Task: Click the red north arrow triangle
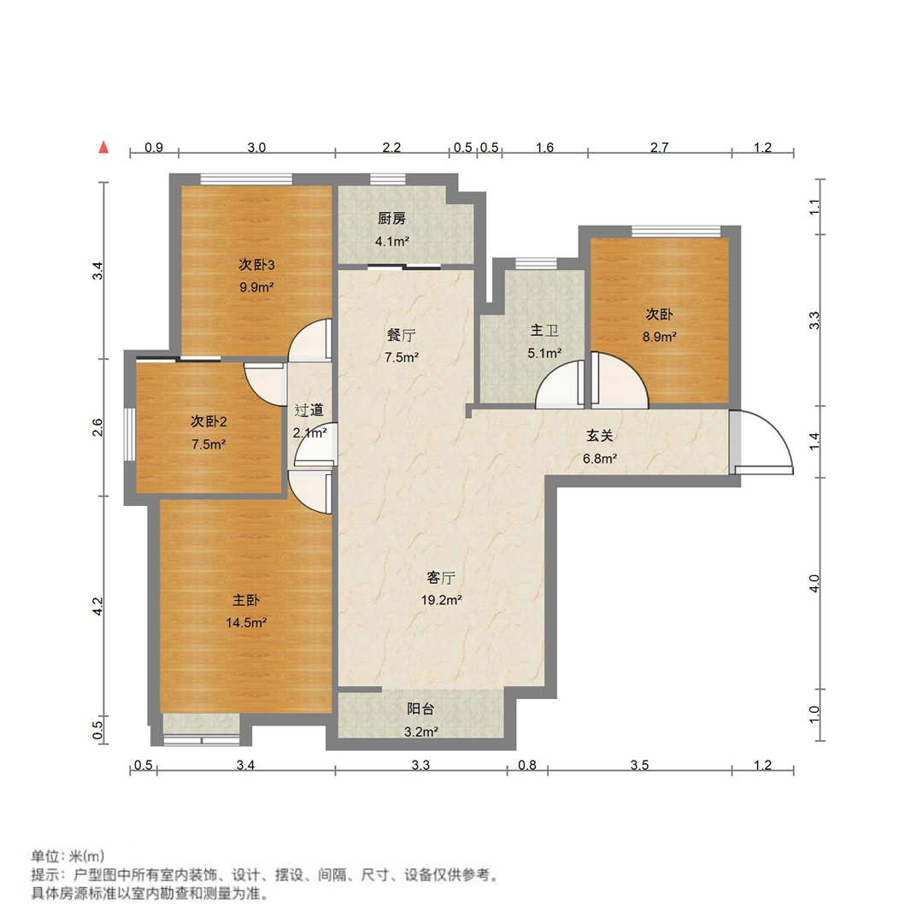click(x=103, y=147)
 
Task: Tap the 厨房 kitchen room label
click(x=392, y=218)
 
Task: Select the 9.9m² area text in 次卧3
click(x=256, y=287)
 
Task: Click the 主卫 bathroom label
click(x=544, y=330)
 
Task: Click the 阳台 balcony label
click(x=420, y=708)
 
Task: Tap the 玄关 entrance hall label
click(x=599, y=435)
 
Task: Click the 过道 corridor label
click(x=309, y=410)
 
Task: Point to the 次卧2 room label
click(x=208, y=421)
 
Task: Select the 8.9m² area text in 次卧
click(x=661, y=337)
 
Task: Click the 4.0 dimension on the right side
click(x=814, y=584)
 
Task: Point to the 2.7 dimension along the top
click(x=659, y=148)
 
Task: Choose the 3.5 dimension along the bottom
click(x=639, y=765)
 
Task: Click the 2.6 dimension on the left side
click(x=98, y=426)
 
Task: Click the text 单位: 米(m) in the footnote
click(x=68, y=856)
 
